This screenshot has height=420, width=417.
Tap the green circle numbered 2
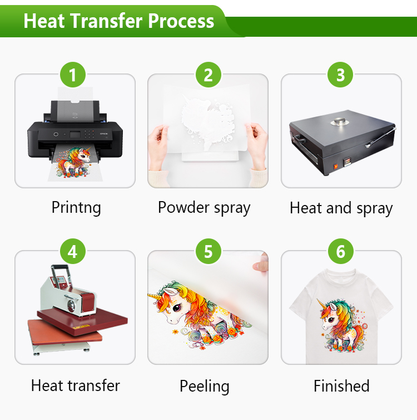click(x=208, y=75)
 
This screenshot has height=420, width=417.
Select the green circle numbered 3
click(x=341, y=75)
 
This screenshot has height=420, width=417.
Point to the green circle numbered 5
click(x=208, y=252)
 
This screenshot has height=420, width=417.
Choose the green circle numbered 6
click(x=341, y=252)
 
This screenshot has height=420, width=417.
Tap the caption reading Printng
click(x=76, y=208)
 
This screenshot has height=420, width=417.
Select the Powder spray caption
click(x=204, y=208)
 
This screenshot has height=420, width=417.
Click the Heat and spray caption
click(x=341, y=208)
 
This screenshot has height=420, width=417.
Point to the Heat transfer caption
click(x=75, y=385)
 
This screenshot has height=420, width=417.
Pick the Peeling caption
click(x=204, y=386)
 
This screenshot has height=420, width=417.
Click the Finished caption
click(x=341, y=385)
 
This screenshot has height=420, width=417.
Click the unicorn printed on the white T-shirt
click(x=341, y=326)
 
